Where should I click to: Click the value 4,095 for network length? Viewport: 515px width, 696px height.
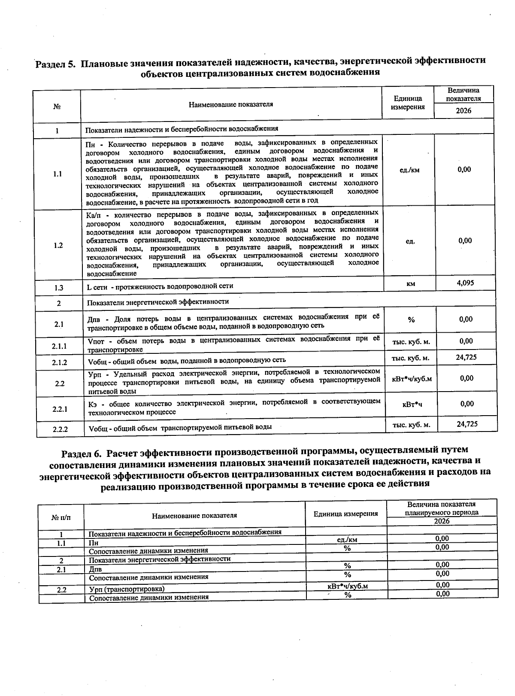[x=465, y=283]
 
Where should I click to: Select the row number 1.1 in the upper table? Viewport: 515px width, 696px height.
[x=58, y=174]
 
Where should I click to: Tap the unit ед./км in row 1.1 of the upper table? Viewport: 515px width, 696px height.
[x=409, y=170]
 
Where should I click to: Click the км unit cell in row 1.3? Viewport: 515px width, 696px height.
[x=410, y=284]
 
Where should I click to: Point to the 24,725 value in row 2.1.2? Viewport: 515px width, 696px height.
[x=467, y=357]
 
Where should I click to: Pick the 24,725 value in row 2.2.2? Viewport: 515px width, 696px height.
[x=467, y=424]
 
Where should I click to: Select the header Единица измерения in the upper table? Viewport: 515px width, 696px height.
[x=408, y=103]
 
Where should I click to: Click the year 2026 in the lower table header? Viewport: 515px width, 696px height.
[x=442, y=521]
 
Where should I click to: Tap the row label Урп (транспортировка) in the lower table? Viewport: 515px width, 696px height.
[x=127, y=589]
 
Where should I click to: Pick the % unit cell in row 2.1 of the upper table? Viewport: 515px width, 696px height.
[x=411, y=320]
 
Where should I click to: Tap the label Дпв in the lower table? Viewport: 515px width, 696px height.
[x=95, y=569]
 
